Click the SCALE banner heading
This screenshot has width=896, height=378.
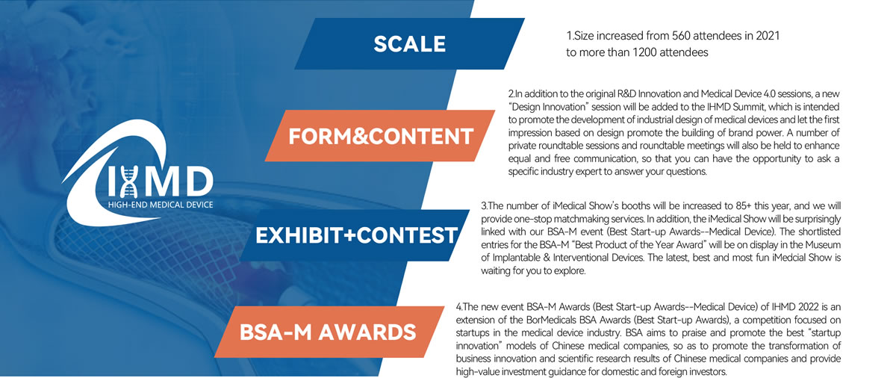410,43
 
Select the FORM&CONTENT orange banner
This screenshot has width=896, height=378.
380,136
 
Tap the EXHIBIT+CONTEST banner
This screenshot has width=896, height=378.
355,235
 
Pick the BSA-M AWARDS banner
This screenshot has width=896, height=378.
329,332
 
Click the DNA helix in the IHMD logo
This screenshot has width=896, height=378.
130,182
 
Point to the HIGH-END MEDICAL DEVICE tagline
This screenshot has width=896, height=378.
161,205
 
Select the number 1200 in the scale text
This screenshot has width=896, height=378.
645,52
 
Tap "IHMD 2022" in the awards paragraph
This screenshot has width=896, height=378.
794,307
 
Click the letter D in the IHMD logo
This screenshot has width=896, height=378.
198,182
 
